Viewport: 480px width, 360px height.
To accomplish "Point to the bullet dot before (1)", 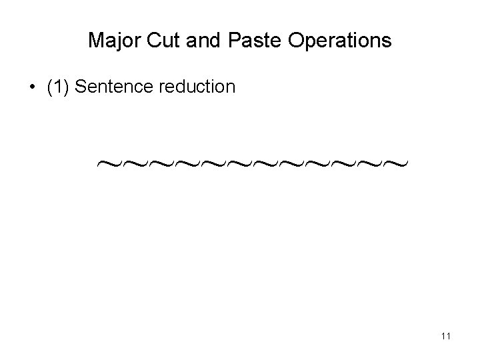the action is click(32, 87).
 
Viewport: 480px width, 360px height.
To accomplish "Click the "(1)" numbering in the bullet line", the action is click(59, 87).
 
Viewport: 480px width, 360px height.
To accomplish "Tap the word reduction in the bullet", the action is click(197, 87).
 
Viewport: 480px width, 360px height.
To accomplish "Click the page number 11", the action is click(446, 337).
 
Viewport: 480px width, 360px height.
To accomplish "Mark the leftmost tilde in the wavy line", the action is click(106, 163).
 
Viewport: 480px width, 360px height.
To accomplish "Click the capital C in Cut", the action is click(150, 41).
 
